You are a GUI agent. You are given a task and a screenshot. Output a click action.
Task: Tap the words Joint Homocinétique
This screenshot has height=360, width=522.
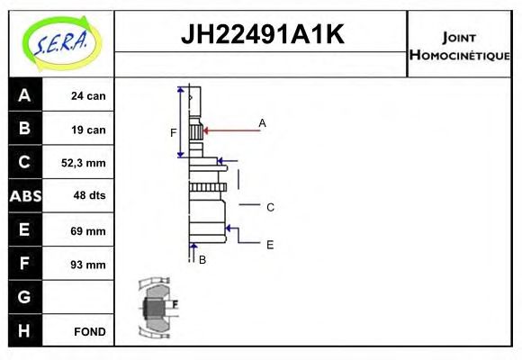click(459, 45)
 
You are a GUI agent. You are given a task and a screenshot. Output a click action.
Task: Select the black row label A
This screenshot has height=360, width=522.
click(24, 95)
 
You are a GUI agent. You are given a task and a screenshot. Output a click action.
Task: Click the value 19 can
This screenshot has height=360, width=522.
click(89, 130)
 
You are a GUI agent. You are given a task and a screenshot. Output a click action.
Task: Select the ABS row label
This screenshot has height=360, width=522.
click(24, 196)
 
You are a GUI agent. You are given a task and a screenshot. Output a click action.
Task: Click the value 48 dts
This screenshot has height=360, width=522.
click(89, 196)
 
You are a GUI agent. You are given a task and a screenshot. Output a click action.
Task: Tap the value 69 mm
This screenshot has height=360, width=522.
click(89, 230)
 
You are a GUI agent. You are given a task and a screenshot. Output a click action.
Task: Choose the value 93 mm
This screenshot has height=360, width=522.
click(89, 265)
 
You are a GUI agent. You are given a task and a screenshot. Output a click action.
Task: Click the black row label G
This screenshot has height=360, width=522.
click(24, 297)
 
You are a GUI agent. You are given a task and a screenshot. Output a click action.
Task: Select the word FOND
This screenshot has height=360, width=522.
click(89, 331)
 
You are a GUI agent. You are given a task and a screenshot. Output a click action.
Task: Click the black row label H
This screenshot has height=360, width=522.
click(24, 330)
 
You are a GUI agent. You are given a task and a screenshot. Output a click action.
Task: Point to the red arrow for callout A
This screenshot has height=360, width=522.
click(229, 130)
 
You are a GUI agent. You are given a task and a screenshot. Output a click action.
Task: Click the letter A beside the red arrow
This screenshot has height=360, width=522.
click(262, 122)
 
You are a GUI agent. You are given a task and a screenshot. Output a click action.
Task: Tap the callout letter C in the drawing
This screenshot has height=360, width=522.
click(270, 207)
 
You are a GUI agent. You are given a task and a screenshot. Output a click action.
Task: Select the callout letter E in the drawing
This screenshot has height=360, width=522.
click(270, 244)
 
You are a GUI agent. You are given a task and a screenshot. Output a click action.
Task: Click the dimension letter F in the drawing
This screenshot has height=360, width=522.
click(174, 133)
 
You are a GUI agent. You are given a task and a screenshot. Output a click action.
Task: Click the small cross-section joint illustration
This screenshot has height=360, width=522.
click(155, 308)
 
